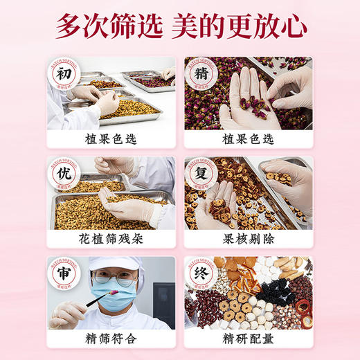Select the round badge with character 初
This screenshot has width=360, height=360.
[64, 74]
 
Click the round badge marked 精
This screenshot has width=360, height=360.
[201, 74]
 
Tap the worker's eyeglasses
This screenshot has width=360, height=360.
[119, 280]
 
